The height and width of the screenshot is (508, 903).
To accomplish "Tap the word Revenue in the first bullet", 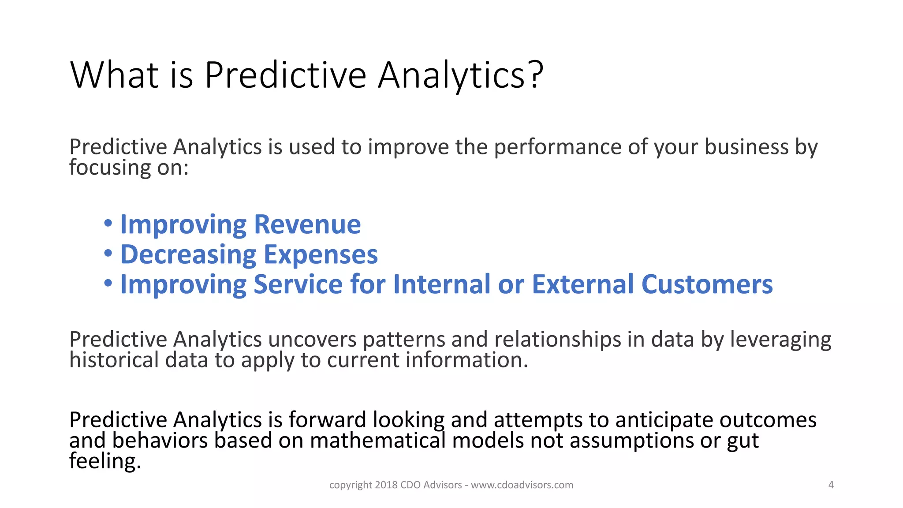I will click(307, 224).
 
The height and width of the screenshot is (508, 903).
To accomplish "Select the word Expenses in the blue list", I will click(321, 254).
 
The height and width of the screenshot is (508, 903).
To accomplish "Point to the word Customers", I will click(707, 284).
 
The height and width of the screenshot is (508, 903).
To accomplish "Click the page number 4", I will click(831, 485).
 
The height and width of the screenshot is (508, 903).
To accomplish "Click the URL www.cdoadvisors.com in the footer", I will click(522, 485).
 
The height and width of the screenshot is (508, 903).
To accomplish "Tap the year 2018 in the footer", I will click(386, 485).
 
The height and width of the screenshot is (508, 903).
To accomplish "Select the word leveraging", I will click(780, 340).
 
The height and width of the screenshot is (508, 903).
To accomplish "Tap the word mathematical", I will click(378, 441).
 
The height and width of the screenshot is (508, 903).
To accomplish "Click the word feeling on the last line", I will click(105, 461).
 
